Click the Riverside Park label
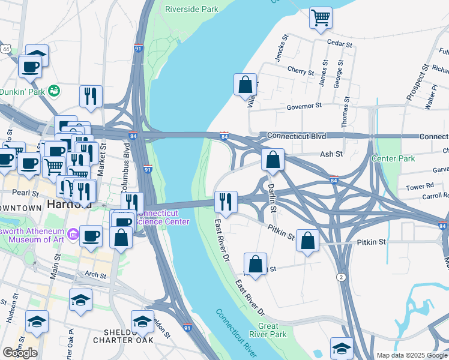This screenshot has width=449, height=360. [191, 10]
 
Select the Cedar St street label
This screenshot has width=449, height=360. [339, 42]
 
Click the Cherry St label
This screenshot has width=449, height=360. [301, 71]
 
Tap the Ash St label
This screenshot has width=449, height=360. [331, 154]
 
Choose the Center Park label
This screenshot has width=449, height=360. [393, 159]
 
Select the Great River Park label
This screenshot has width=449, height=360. [268, 330]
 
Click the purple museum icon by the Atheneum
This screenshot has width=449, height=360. [73, 232]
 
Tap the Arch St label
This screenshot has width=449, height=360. [95, 275]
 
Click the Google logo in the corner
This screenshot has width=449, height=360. [20, 353]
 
